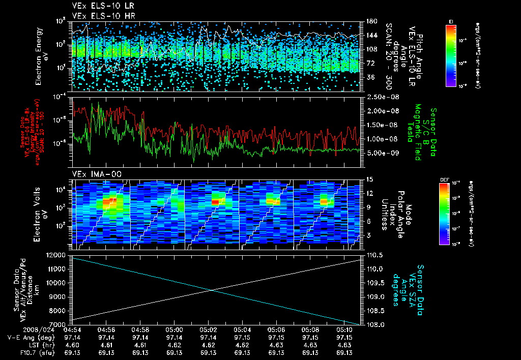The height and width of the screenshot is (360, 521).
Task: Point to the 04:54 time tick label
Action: (x=73, y=329)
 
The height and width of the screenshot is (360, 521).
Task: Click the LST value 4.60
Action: (x=73, y=344)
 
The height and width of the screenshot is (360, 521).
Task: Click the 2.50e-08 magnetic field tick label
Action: (x=382, y=97)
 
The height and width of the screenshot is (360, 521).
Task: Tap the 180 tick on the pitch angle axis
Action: (x=371, y=21)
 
